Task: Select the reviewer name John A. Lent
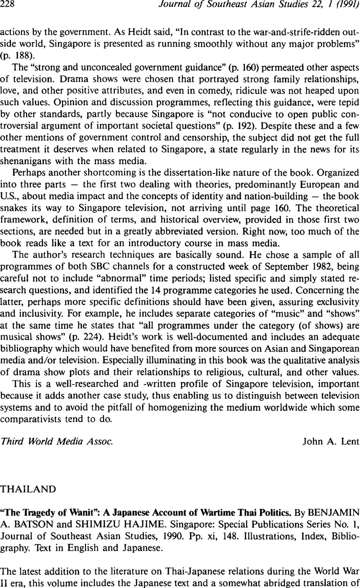click(x=325, y=441)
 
